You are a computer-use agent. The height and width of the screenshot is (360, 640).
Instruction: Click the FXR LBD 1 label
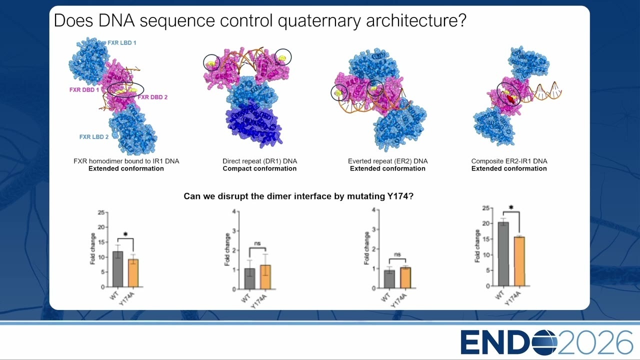pyautogui.click(x=121, y=43)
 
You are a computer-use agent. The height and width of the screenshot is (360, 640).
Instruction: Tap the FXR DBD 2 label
pyautogui.click(x=152, y=97)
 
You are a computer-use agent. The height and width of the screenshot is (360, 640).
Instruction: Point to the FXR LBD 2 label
pyautogui.click(x=94, y=137)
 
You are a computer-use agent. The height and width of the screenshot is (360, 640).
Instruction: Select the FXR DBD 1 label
pyautogui.click(x=84, y=89)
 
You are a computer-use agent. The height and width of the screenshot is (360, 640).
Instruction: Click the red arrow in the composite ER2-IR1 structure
pyautogui.click(x=511, y=99)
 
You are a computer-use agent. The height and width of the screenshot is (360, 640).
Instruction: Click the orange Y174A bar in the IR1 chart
pyautogui.click(x=133, y=273)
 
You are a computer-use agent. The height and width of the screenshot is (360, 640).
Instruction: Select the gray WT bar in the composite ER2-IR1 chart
pyautogui.click(x=503, y=254)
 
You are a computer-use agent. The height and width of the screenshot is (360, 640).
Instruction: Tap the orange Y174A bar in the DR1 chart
pyautogui.click(x=265, y=277)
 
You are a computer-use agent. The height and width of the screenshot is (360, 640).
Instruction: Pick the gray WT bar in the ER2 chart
pyautogui.click(x=389, y=279)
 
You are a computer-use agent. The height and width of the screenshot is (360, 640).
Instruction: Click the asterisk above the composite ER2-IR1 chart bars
pyautogui.click(x=511, y=207)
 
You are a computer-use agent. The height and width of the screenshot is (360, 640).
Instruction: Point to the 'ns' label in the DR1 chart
pyautogui.click(x=257, y=243)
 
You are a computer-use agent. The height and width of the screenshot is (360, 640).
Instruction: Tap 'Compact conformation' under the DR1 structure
pyautogui.click(x=259, y=168)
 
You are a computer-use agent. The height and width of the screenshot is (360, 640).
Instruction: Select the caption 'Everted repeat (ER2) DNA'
pyautogui.click(x=387, y=161)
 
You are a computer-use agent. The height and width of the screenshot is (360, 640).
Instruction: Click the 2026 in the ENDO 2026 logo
pyautogui.click(x=594, y=342)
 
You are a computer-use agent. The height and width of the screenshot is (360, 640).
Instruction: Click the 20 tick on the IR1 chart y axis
pyautogui.click(x=101, y=227)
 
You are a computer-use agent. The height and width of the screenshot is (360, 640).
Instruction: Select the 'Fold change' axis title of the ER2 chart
pyautogui.click(x=366, y=248)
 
